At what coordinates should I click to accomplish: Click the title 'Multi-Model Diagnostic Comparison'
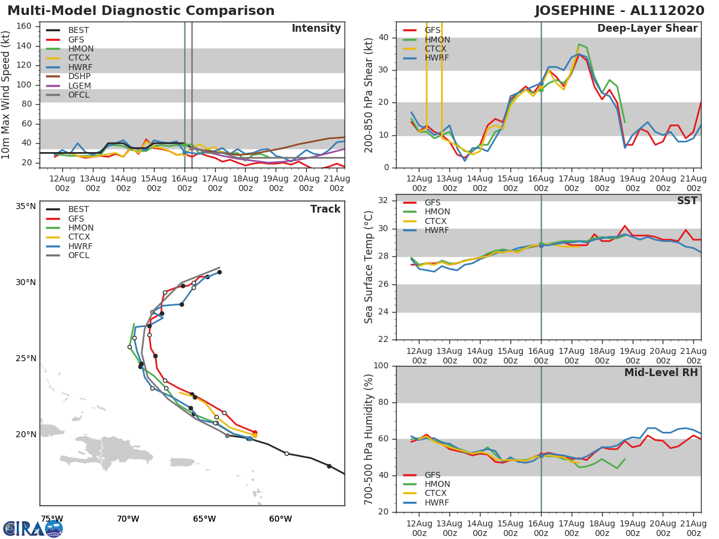coord(141,11)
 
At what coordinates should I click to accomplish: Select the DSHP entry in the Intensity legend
coord(79,77)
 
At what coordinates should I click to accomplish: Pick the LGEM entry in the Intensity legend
coord(79,86)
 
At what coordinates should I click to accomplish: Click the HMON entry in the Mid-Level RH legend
coord(437,485)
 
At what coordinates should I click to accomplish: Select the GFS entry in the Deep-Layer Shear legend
coord(433,31)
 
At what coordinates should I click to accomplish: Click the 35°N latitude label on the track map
coord(26,207)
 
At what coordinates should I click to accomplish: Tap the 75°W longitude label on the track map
coord(52,519)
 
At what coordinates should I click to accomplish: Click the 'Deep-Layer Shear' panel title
coord(647,29)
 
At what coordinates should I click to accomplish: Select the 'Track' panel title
coord(325,209)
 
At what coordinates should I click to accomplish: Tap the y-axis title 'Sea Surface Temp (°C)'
coord(369,267)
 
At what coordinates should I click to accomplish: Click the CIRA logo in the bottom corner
coord(33,528)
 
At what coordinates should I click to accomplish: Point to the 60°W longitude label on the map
coord(280,519)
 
